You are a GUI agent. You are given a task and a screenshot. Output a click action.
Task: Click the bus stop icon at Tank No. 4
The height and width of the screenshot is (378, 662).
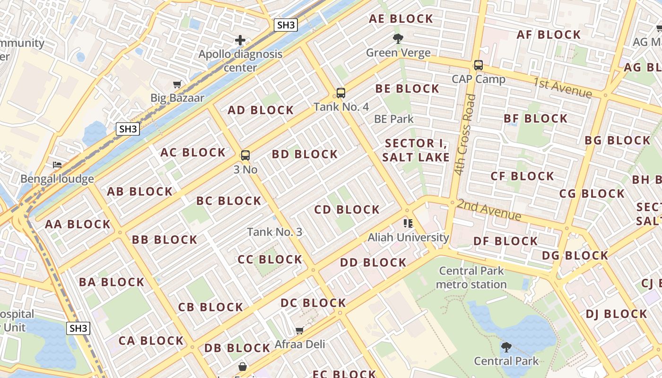pyautogui.click(x=340, y=93)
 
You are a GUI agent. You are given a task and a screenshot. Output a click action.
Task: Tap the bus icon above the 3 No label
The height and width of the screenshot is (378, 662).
pyautogui.click(x=245, y=155)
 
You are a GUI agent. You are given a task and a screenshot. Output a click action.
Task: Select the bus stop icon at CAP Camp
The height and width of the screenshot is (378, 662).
pyautogui.click(x=478, y=65)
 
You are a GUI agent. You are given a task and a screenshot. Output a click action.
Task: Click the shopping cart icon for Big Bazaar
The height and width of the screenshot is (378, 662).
pyautogui.click(x=177, y=85)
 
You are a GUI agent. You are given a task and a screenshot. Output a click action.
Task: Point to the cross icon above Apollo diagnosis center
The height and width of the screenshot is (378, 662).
pyautogui.click(x=240, y=40)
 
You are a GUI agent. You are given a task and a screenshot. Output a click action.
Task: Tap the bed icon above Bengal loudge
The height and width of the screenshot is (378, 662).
pyautogui.click(x=57, y=165)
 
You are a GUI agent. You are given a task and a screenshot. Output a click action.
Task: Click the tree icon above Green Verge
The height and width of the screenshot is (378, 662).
pyautogui.click(x=398, y=39)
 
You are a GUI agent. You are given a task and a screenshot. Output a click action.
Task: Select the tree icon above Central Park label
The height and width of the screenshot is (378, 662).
pyautogui.click(x=506, y=347)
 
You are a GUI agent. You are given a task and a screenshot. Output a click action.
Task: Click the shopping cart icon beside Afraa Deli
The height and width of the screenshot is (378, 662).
pyautogui.click(x=299, y=330)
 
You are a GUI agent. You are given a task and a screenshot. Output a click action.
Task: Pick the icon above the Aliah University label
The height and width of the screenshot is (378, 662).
pyautogui.click(x=408, y=223)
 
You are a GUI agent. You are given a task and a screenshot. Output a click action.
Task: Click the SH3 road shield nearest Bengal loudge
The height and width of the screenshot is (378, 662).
pyautogui.click(x=128, y=129)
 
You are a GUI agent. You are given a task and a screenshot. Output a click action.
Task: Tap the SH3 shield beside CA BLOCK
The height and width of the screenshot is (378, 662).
pyautogui.click(x=78, y=328)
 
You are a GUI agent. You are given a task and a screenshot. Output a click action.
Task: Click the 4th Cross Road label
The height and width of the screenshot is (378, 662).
pyautogui.click(x=464, y=135)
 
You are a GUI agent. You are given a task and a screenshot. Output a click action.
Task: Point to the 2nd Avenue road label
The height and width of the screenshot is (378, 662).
pyautogui.click(x=489, y=210)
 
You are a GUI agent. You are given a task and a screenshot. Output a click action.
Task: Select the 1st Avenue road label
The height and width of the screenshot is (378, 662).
pyautogui.click(x=562, y=88)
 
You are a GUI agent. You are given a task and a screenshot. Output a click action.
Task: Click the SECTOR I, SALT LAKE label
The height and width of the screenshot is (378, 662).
pyautogui.click(x=416, y=150)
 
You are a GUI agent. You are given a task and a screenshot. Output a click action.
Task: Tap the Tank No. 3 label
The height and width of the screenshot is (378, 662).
pyautogui.click(x=274, y=232)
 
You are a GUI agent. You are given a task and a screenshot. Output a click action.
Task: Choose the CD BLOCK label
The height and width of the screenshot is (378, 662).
pyautogui.click(x=347, y=209)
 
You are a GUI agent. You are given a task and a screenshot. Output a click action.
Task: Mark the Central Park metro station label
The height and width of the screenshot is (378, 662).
pyautogui.click(x=471, y=278)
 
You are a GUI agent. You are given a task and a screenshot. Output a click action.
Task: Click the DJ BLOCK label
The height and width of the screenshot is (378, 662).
pyautogui.click(x=616, y=314)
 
